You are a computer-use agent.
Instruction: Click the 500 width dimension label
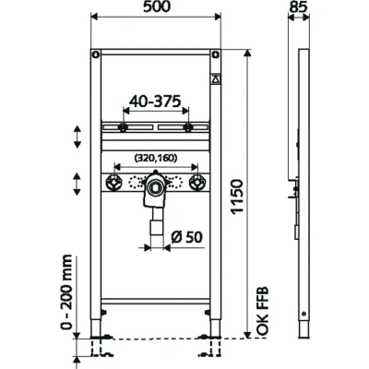pos(157,6)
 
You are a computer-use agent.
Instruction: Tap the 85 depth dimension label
pos(299,6)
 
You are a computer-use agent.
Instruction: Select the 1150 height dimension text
pos(237,196)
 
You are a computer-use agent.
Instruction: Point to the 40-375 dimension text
pos(155,101)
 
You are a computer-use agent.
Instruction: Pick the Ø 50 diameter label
pos(186,237)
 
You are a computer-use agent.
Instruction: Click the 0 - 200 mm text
pos(66,292)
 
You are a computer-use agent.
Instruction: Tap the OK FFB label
pos(263,311)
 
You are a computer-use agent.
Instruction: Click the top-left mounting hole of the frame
pos(96,55)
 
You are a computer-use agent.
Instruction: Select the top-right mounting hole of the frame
pos(216,55)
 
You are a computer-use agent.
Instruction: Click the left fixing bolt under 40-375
pos(123,127)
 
